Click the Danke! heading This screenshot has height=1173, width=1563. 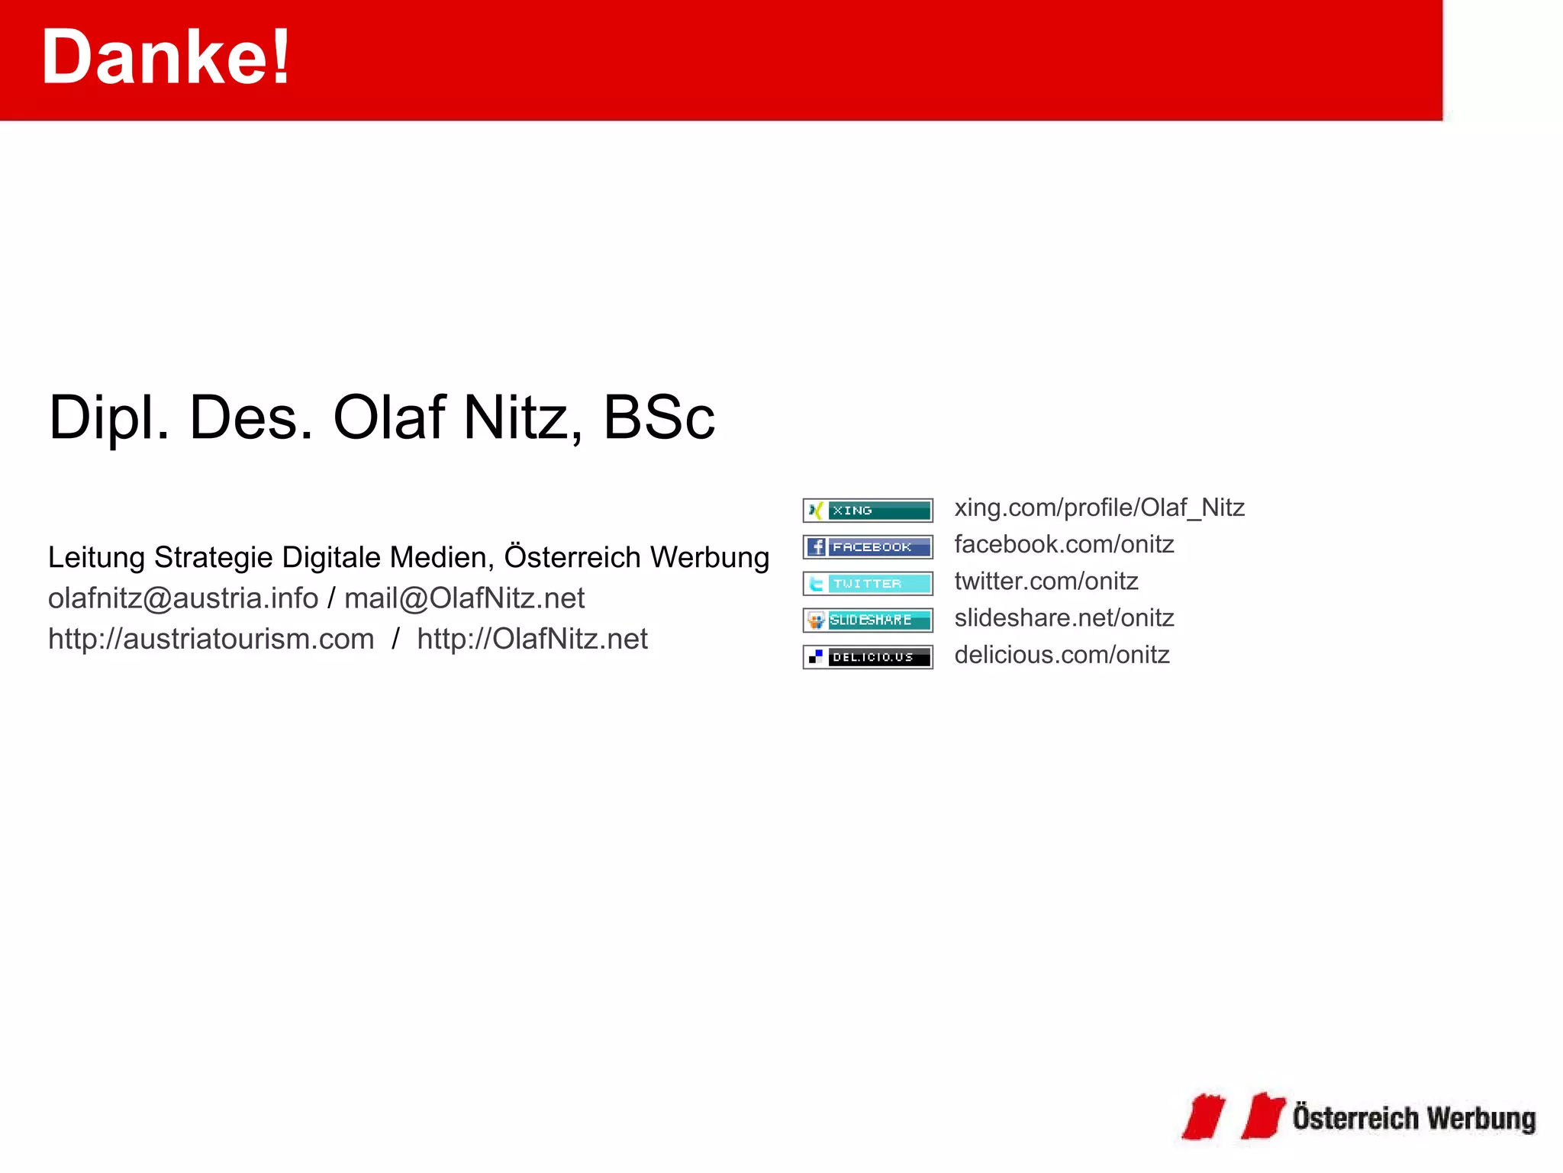(166, 57)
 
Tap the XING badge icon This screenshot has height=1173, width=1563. (867, 511)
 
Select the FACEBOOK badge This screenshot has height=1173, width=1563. (867, 547)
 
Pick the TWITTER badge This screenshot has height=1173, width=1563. (867, 584)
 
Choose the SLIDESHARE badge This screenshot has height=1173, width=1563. (867, 620)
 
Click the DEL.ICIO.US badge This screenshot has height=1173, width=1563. (867, 657)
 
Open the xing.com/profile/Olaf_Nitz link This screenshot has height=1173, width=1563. (1099, 508)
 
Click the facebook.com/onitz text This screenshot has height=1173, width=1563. (1064, 544)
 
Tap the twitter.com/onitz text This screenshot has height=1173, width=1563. (1046, 581)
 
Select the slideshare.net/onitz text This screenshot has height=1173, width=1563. (1064, 617)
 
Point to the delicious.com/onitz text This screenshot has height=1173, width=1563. (1062, 655)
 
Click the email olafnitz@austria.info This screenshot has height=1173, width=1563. (183, 598)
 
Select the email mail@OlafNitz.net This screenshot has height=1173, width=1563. (464, 598)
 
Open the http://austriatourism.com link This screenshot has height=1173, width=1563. (211, 639)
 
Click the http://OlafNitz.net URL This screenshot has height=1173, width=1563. (532, 639)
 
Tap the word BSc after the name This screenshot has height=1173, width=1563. (659, 417)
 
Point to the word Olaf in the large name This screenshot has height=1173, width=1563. (389, 417)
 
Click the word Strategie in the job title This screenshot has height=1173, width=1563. (214, 558)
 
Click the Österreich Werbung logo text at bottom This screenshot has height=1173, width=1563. (1413, 1119)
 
